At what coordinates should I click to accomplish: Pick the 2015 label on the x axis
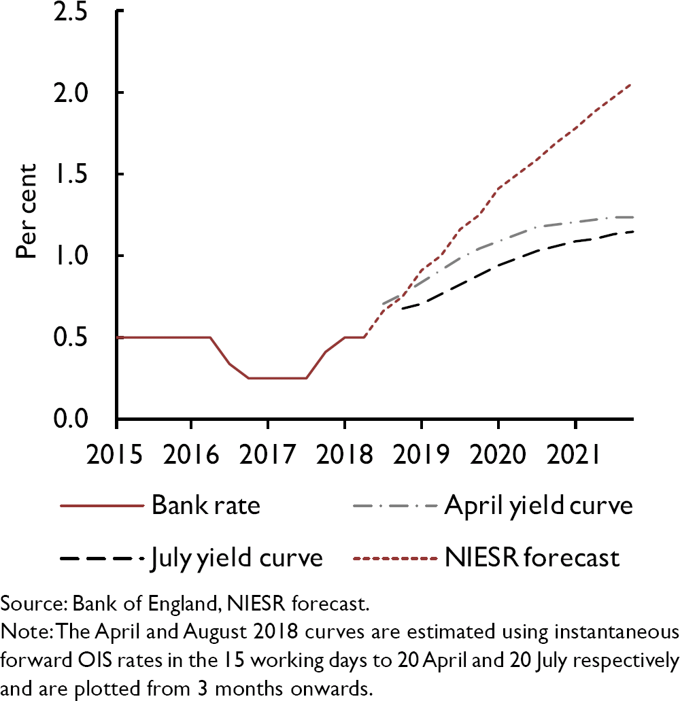(x=117, y=453)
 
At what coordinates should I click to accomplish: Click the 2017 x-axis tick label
(x=268, y=453)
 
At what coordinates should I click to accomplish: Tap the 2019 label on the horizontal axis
(x=421, y=453)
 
